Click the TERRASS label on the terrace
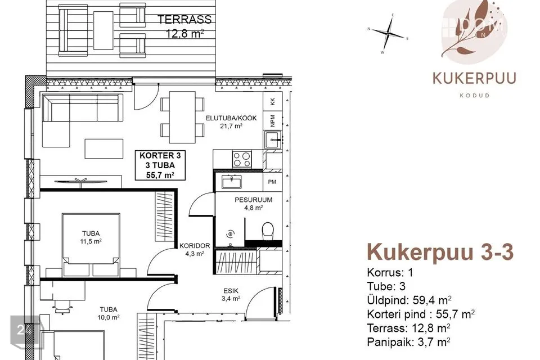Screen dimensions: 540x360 [184, 19]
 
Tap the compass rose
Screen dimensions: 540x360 [388, 34]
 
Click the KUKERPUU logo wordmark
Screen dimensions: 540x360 [474, 78]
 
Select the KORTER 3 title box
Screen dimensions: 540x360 [160, 165]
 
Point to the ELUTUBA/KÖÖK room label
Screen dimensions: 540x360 [231, 118]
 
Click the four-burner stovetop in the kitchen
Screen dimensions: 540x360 [242, 159]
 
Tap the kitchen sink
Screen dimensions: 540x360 [273, 139]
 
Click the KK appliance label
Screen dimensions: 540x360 [273, 102]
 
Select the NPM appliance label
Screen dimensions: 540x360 [273, 120]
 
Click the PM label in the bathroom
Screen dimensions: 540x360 [272, 182]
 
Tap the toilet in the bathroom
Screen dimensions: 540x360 [268, 230]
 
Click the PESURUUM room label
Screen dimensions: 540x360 [254, 200]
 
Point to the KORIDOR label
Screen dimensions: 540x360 [195, 246]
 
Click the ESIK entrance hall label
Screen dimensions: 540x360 [231, 291]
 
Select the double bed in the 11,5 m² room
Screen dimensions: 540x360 [91, 245]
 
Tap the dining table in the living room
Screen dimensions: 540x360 [182, 117]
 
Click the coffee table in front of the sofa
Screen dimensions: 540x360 [104, 149]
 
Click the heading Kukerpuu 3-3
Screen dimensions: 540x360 [440, 252]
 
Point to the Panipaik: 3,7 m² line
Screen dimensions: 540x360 [409, 342]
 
